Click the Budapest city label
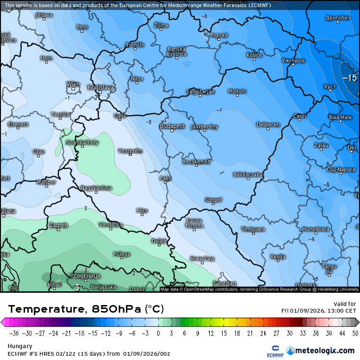coord(172,126)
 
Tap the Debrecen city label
coord(268,125)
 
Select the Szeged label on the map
coord(213,200)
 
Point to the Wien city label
coord(73,84)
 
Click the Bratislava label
coord(100,88)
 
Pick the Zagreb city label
coord(58,225)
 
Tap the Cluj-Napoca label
coord(341,169)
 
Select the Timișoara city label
coord(253,229)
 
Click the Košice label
coord(254,55)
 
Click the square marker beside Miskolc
coord(237,95)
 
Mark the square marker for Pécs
coord(142,215)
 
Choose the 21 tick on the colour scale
coord(248,333)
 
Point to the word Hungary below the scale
coord(20,346)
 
